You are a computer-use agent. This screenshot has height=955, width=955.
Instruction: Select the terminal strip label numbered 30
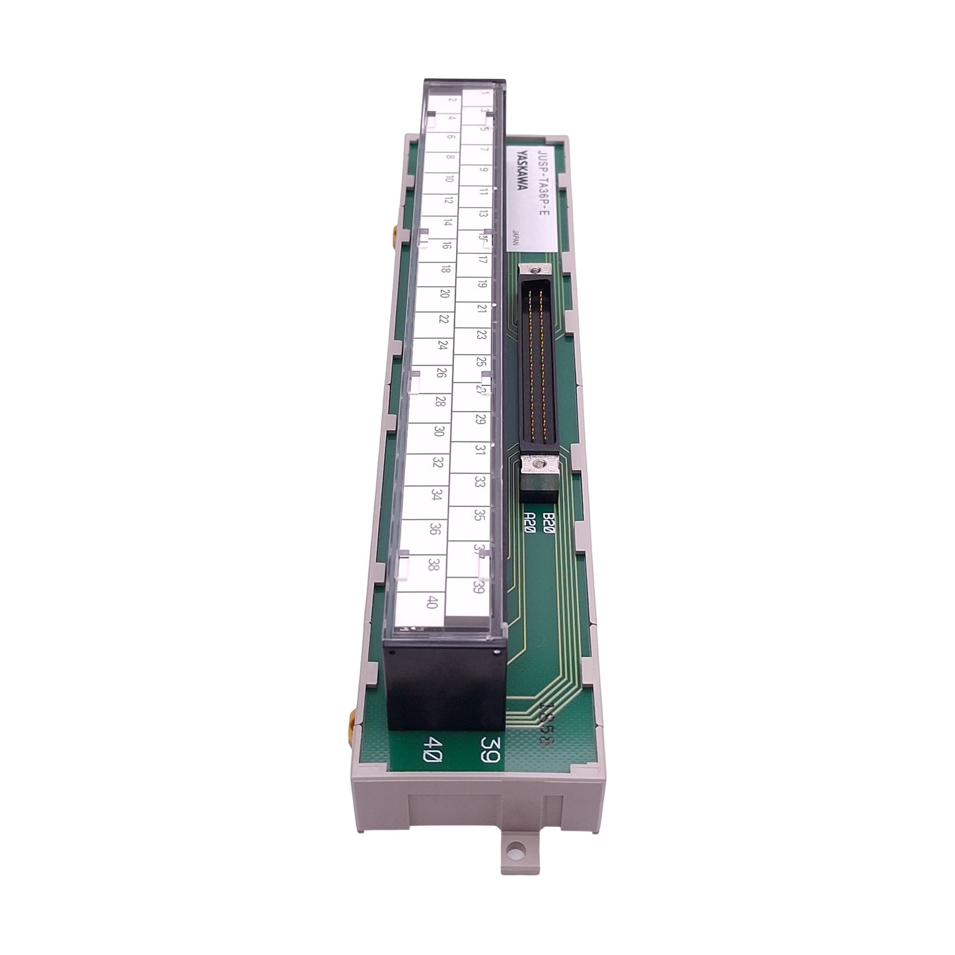[x=439, y=431]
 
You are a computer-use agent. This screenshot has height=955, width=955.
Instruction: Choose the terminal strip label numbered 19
[x=482, y=284]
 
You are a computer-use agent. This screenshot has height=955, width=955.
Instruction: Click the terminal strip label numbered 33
[x=480, y=482]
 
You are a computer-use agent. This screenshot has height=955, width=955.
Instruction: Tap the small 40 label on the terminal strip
[x=432, y=602]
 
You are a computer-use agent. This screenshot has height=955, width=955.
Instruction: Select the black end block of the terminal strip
[x=445, y=684]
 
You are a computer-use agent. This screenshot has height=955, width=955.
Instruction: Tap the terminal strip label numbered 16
[x=447, y=245]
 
